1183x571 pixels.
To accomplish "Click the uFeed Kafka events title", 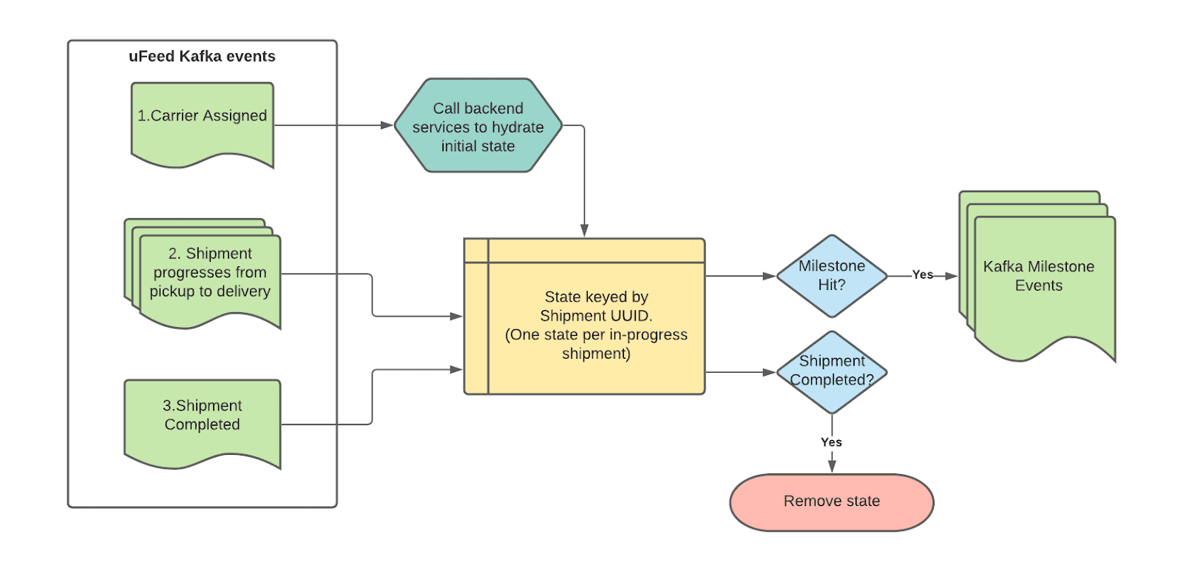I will [x=202, y=56].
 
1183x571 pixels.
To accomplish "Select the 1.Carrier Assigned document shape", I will [x=202, y=123].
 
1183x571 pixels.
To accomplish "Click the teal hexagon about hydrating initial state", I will [x=478, y=126].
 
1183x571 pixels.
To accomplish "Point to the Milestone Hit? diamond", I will [x=832, y=276].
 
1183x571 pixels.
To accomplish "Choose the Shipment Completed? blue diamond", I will [x=832, y=371].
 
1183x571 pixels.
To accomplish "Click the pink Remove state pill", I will [x=832, y=501].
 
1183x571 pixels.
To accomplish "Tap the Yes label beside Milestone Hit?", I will [x=923, y=274].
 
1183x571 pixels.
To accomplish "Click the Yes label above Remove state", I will [x=831, y=442].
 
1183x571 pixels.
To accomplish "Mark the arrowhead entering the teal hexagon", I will [x=387, y=126].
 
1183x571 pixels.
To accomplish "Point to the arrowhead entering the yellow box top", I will [x=584, y=231].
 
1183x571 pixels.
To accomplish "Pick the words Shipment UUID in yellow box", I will [x=596, y=316].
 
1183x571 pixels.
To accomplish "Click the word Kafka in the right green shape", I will [x=1003, y=266].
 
